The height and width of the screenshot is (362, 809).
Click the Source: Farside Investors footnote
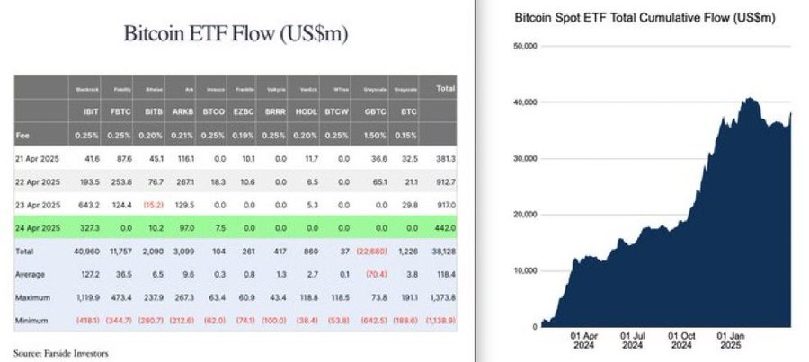click(x=61, y=352)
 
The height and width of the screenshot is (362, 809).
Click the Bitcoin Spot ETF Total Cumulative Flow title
click(x=644, y=17)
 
